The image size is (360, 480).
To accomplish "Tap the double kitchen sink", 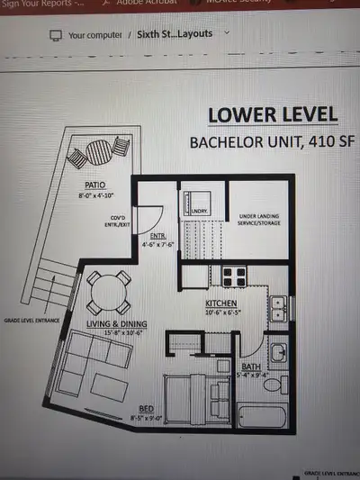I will pos(278,308).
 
